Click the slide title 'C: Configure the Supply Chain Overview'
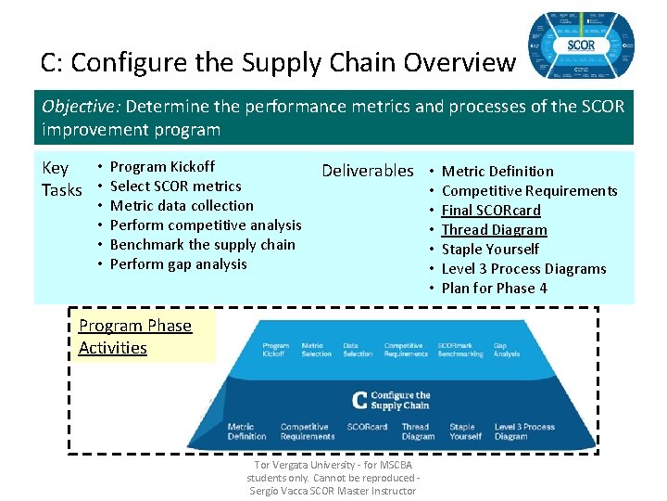(278, 62)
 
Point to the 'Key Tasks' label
(62, 178)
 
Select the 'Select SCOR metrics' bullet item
(175, 186)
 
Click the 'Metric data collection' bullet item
(182, 205)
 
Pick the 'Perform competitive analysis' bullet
(206, 225)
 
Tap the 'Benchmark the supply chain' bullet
(202, 244)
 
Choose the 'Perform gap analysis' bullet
(178, 263)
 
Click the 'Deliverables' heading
(367, 171)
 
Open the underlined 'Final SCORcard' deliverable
(491, 210)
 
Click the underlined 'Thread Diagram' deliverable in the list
(494, 229)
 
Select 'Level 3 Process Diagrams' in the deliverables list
(523, 268)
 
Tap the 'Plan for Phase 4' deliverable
(494, 288)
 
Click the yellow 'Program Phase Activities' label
(135, 337)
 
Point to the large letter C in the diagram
(359, 400)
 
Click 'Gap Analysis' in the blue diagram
(507, 349)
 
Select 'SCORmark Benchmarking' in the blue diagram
(460, 349)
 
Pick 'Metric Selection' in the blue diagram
(317, 349)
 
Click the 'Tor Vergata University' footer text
(333, 478)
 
